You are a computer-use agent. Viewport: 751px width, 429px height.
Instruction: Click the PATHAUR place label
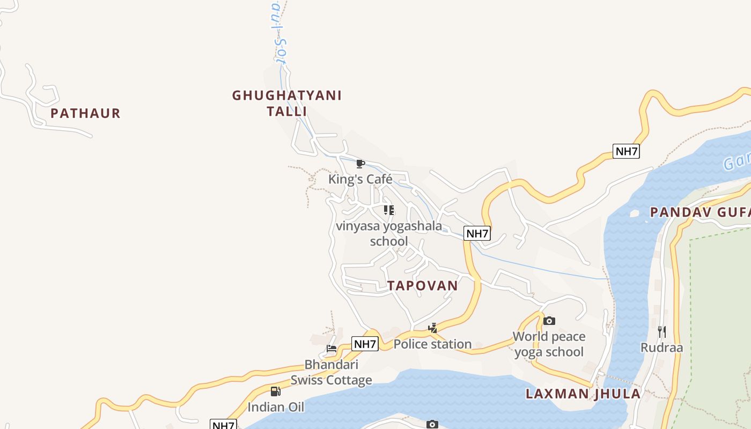coord(85,114)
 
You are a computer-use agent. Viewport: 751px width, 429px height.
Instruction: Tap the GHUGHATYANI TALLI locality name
coord(286,103)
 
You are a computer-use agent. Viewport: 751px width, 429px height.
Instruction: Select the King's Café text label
coord(360,179)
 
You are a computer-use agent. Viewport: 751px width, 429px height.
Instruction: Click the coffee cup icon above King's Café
coord(360,164)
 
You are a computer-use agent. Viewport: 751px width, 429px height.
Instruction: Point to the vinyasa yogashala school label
coord(389,234)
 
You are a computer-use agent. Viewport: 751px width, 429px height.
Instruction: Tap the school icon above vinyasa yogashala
coord(389,210)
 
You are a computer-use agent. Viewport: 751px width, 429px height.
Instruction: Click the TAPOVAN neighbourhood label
coord(423,286)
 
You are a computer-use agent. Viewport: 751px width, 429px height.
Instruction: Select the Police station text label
coord(432,344)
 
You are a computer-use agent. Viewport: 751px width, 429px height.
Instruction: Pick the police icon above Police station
coord(432,328)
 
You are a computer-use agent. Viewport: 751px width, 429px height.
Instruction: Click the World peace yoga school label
coord(549,344)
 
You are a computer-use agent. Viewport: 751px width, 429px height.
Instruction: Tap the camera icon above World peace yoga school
coord(549,321)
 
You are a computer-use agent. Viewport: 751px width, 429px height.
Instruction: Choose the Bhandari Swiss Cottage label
coord(331,372)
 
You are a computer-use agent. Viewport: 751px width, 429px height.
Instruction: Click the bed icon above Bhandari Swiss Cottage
coord(332,349)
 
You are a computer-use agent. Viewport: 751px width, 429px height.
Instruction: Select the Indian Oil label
coord(276,407)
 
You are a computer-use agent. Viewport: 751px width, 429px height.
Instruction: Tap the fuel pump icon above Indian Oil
coord(275,391)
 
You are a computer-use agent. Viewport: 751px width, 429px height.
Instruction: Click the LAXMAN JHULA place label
coord(583,394)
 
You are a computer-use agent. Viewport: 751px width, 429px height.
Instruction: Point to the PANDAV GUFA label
coord(700,212)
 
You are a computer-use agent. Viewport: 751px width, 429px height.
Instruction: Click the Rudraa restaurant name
coord(661,347)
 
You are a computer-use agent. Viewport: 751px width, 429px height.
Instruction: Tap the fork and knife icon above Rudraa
coord(661,332)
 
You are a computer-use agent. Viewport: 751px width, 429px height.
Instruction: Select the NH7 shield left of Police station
coord(365,344)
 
